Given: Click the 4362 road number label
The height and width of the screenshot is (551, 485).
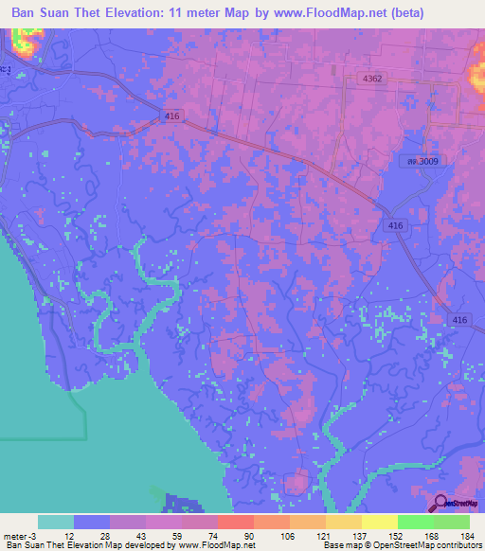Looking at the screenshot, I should click(371, 80).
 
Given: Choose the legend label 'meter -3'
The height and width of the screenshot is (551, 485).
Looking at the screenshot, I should click(21, 534).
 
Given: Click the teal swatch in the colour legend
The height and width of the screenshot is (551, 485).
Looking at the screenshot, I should click(56, 522).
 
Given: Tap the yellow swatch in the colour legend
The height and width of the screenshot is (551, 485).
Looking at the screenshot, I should click(379, 522).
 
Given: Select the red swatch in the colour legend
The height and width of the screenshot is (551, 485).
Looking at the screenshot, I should click(235, 522).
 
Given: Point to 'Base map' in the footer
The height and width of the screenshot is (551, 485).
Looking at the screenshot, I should click(337, 545).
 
